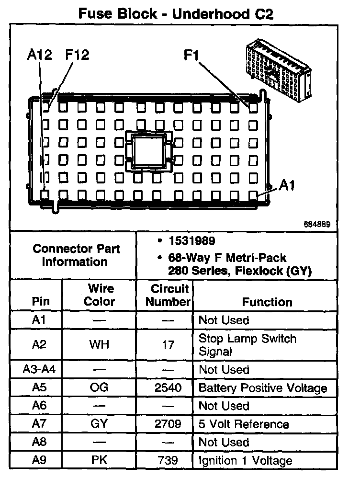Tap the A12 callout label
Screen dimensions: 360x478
(39, 55)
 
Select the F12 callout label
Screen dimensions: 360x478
(77, 55)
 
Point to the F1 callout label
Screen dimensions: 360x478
(192, 56)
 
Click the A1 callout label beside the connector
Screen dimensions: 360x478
(287, 185)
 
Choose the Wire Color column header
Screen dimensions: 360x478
(100, 295)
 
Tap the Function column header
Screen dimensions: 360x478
(267, 302)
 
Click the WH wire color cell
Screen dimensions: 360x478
(100, 344)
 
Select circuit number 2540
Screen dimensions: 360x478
(168, 387)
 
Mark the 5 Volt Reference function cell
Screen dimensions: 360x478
(244, 424)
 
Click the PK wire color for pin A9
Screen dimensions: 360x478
(100, 461)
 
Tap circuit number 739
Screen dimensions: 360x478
(168, 461)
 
